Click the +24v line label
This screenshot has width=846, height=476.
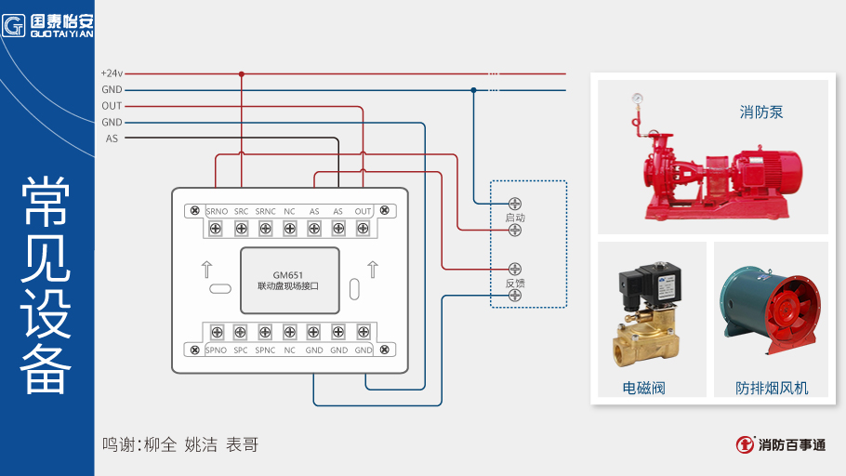(112, 73)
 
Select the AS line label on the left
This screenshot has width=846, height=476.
(112, 139)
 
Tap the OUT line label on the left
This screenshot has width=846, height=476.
(112, 106)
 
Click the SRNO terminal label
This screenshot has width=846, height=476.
(217, 212)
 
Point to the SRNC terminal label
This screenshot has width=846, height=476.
(265, 212)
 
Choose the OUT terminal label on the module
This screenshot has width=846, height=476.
(363, 212)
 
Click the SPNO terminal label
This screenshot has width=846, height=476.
(216, 350)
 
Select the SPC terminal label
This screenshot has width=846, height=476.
(241, 350)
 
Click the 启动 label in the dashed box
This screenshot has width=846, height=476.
(515, 218)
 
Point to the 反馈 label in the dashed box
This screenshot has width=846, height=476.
(515, 283)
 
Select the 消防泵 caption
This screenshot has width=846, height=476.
(761, 112)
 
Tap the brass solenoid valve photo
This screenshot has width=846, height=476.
(649, 316)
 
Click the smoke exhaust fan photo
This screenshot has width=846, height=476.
(772, 311)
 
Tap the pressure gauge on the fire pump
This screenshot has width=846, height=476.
(638, 98)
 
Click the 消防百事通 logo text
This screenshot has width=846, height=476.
(791, 445)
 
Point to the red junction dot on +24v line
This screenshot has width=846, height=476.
(241, 73)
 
